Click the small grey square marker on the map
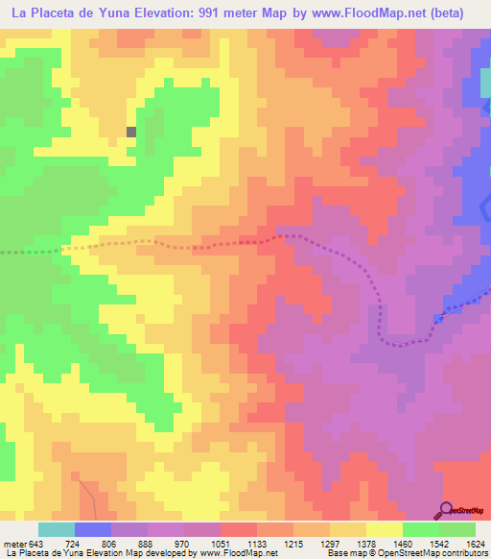[131, 133]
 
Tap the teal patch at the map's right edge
[485, 83]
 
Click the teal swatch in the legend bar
[57, 529]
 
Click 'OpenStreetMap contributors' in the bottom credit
[442, 553]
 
